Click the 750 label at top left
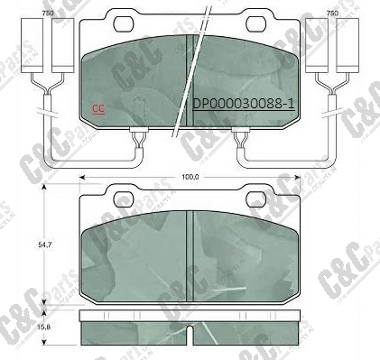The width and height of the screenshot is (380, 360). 47,14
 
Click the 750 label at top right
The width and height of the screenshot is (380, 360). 332,14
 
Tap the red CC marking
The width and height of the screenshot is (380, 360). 93,109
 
